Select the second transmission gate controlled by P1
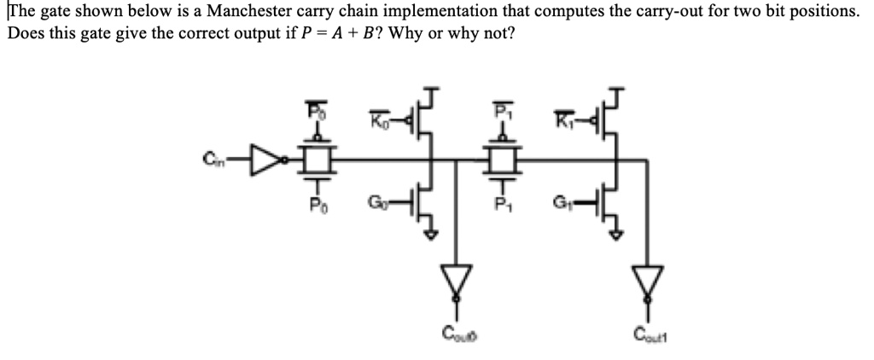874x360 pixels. tap(502, 158)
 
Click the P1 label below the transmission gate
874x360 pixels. tap(502, 205)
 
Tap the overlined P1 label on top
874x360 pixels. tap(502, 111)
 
